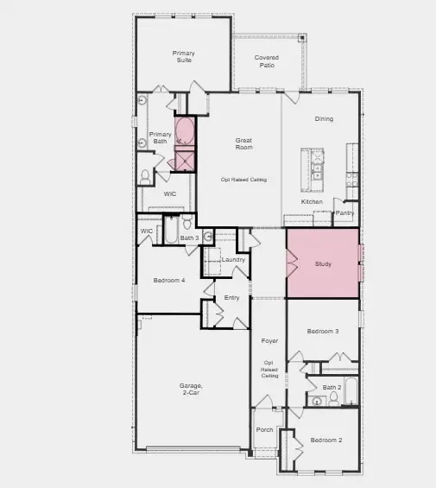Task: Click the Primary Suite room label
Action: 183,57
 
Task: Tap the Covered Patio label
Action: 267,62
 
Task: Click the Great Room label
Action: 243,143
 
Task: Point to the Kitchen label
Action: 312,202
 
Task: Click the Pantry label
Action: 345,212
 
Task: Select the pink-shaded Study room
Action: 323,263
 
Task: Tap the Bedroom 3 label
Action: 324,332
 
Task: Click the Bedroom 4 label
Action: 169,280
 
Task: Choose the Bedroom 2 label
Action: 327,440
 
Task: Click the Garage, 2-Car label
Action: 191,389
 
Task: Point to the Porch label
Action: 264,429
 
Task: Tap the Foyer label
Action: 269,341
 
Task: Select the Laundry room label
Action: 233,259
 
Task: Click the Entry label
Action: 231,298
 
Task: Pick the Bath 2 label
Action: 332,388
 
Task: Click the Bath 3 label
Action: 190,238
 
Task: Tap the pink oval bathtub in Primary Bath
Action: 185,131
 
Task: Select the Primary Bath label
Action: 161,137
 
